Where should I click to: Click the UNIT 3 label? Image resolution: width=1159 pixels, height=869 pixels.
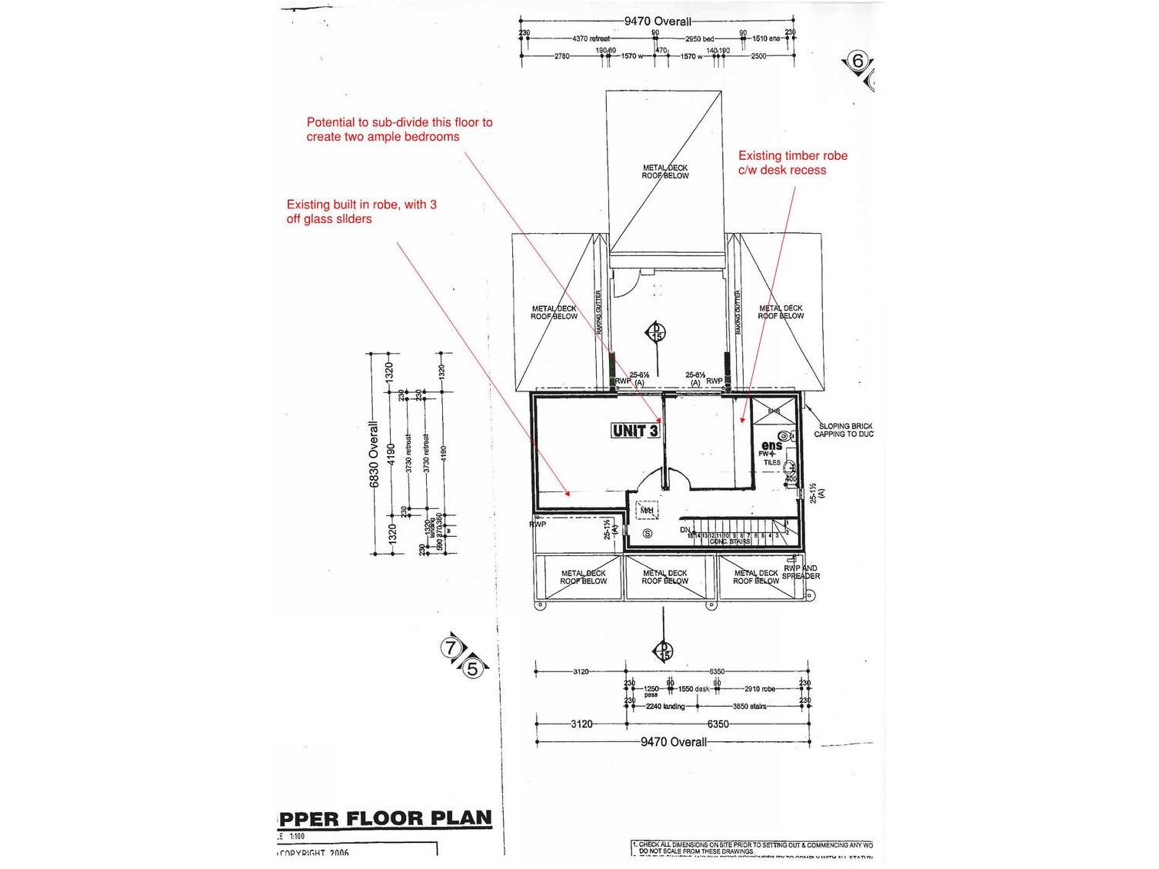(634, 431)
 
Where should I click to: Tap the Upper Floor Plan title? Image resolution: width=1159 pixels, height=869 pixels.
(385, 818)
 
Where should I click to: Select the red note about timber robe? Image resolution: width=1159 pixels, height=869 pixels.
(792, 163)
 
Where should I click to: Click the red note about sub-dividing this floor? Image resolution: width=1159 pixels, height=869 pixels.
(399, 129)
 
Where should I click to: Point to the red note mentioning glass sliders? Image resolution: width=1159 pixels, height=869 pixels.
(361, 211)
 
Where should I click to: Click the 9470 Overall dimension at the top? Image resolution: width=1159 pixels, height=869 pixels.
(657, 22)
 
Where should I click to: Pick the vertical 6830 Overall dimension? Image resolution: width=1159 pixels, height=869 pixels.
(375, 454)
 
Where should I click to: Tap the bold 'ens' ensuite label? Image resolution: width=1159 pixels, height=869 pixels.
(771, 446)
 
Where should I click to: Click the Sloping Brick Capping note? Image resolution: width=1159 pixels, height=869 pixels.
(844, 430)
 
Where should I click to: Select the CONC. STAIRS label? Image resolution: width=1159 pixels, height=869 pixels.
(729, 541)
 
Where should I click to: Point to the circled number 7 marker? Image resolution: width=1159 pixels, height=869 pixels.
(451, 648)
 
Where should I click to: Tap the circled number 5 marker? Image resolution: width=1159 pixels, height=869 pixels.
(472, 669)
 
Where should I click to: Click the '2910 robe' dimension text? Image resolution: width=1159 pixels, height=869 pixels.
(759, 689)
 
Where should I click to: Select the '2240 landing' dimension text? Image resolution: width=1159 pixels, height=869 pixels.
(664, 706)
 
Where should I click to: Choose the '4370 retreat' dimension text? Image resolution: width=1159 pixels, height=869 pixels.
(591, 38)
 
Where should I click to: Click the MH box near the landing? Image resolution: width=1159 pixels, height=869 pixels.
(647, 510)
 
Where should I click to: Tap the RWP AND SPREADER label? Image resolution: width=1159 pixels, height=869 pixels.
(801, 572)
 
